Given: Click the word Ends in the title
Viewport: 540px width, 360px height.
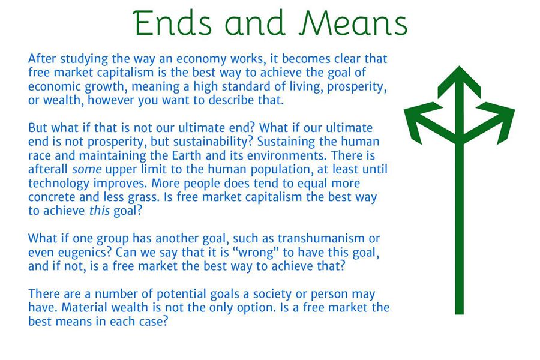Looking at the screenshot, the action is pos(172,23).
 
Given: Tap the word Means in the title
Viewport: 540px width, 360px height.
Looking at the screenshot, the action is pos(353,23).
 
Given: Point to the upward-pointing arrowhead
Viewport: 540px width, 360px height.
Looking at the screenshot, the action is pos(459,82).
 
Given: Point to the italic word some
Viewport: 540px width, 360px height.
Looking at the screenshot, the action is pos(86,169).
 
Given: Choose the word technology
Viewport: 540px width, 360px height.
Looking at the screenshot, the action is pos(59,183).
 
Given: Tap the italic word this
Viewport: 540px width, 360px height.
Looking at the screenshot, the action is pos(100,211).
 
